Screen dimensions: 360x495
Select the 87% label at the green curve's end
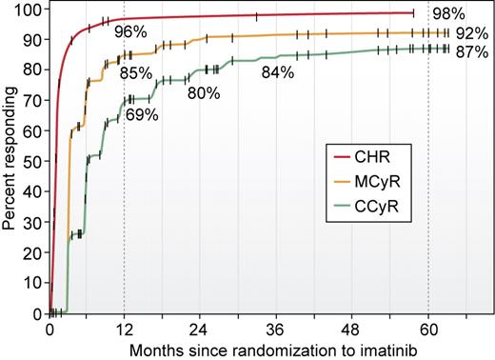click(468, 52)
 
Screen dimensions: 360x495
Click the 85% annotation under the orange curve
click(140, 72)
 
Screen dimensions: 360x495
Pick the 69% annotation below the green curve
click(142, 115)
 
